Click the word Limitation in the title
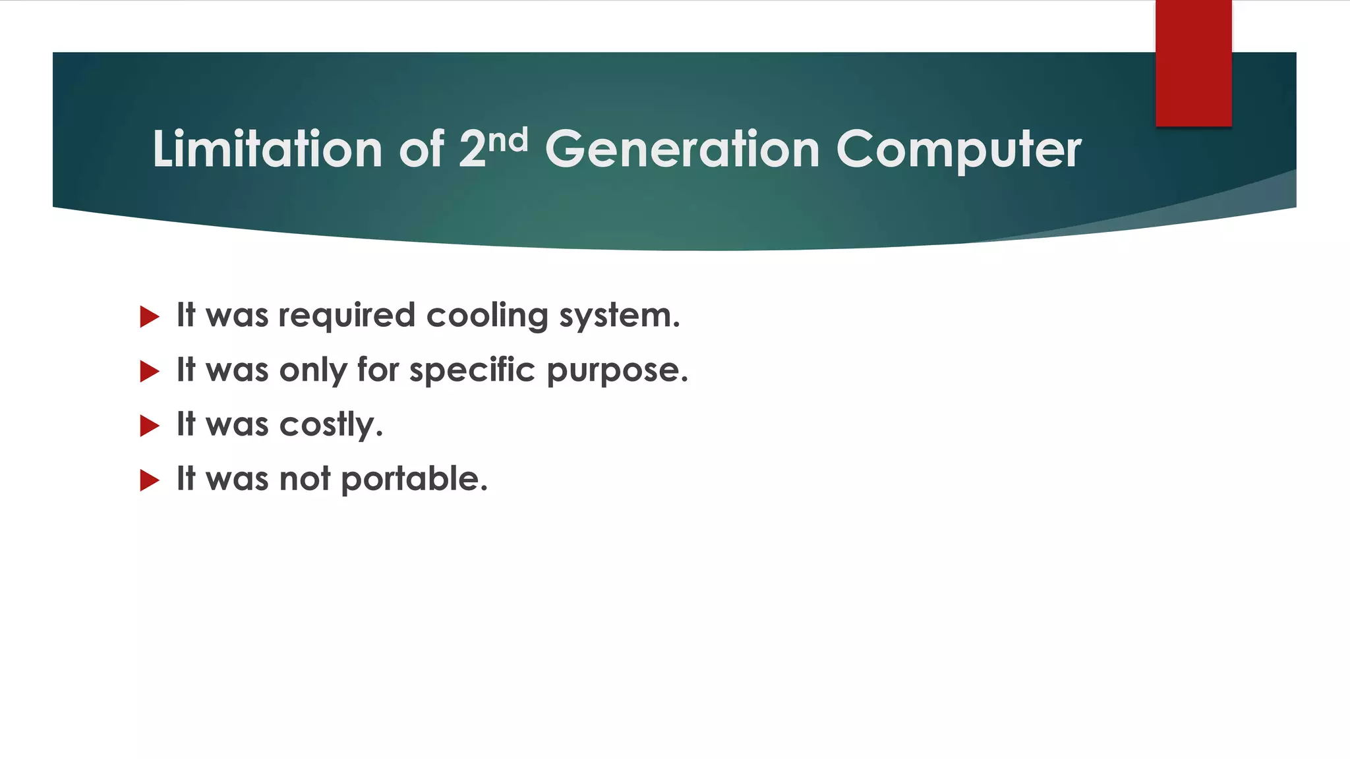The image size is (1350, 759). tap(267, 149)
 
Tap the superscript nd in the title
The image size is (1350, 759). tap(508, 140)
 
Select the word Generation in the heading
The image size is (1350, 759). tap(682, 149)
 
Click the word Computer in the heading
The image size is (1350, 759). tap(958, 150)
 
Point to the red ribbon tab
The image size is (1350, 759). tap(1193, 63)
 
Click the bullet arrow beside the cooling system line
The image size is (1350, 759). tap(150, 317)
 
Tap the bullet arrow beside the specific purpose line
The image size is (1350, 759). tap(150, 372)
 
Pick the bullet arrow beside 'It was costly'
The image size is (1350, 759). tap(150, 426)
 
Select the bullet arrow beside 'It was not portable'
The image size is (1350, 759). tap(150, 480)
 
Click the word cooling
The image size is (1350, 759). tap(487, 316)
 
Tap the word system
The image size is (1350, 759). tap(619, 316)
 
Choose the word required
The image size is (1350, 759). tap(347, 316)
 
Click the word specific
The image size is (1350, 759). tap(472, 370)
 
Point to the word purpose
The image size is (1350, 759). tap(617, 370)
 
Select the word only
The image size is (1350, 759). tap(313, 370)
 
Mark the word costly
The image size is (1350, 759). tap(331, 425)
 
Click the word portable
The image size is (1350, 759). tap(414, 479)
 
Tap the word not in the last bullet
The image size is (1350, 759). tap(305, 479)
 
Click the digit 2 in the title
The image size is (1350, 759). tap(472, 149)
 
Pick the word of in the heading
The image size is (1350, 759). tap(421, 149)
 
